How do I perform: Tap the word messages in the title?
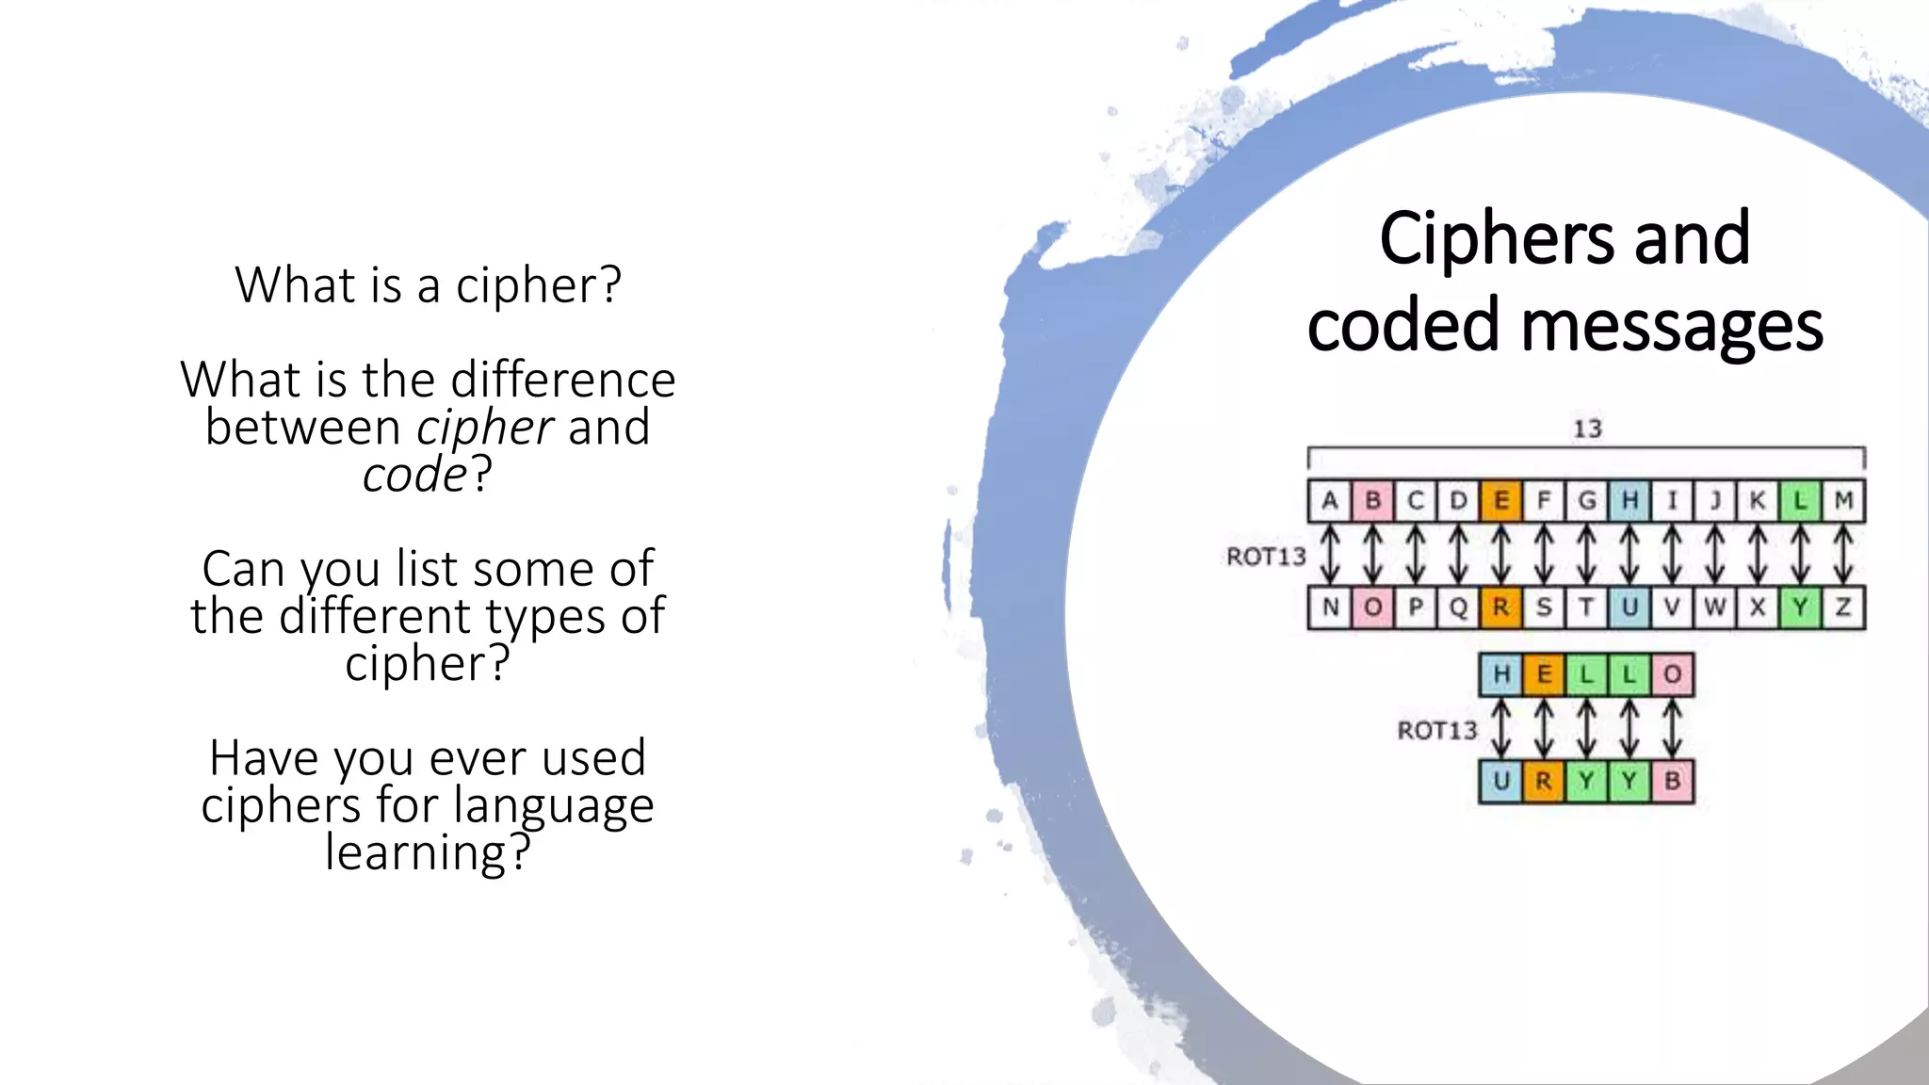click(x=1672, y=326)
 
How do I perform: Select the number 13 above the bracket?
click(x=1587, y=429)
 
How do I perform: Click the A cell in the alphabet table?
click(x=1330, y=500)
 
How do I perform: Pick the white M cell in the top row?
click(x=1843, y=500)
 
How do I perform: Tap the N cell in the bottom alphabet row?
click(x=1330, y=607)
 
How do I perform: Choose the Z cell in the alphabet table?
click(x=1843, y=607)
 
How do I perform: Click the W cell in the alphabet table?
click(x=1715, y=607)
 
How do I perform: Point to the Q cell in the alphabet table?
click(x=1458, y=607)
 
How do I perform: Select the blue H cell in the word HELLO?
click(x=1501, y=674)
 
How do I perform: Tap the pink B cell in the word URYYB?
click(x=1673, y=781)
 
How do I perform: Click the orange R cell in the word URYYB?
click(x=1544, y=781)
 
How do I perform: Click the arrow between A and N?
click(x=1330, y=554)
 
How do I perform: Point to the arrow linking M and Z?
click(x=1843, y=554)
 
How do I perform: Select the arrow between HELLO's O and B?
click(x=1673, y=727)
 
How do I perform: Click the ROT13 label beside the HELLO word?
click(x=1437, y=730)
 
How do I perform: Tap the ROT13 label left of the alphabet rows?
click(x=1266, y=557)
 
